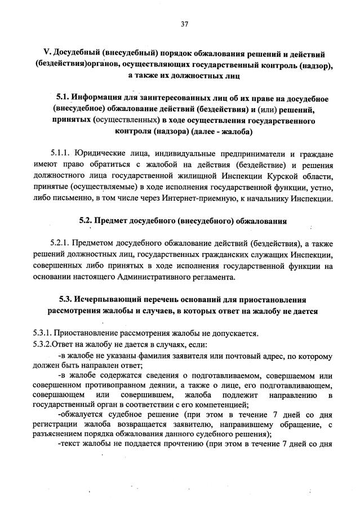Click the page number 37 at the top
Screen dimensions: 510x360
click(x=184, y=24)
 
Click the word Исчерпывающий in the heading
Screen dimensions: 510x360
click(x=109, y=299)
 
